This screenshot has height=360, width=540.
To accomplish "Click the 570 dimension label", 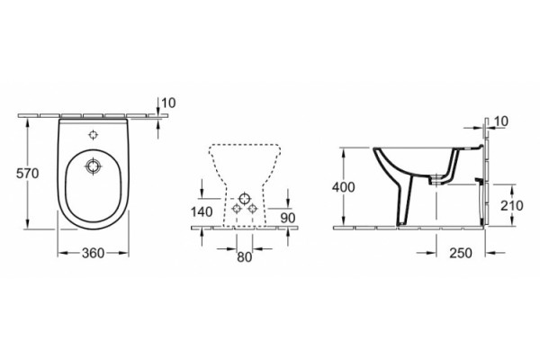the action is pyautogui.click(x=28, y=174).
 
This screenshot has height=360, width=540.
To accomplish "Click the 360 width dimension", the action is pyautogui.click(x=93, y=253).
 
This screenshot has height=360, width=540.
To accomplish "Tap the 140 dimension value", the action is pyautogui.click(x=202, y=211).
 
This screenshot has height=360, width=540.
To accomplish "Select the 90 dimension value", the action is pyautogui.click(x=288, y=218).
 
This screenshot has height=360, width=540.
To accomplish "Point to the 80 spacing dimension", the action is pyautogui.click(x=245, y=256).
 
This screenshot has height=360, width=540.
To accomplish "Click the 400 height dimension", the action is pyautogui.click(x=343, y=187).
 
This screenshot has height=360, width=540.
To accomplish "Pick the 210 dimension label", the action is pyautogui.click(x=512, y=206).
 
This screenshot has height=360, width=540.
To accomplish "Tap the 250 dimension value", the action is pyautogui.click(x=461, y=253).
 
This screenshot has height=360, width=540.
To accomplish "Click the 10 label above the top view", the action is pyautogui.click(x=168, y=103).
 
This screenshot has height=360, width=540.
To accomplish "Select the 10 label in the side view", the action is pyautogui.click(x=501, y=121).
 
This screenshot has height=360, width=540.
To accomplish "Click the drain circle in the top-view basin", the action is pyautogui.click(x=93, y=166).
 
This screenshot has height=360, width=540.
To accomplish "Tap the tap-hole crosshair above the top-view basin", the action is pyautogui.click(x=94, y=135).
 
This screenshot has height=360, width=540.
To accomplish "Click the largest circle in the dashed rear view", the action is pyautogui.click(x=245, y=198).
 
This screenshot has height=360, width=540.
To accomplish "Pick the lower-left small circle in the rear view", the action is pyautogui.click(x=237, y=208).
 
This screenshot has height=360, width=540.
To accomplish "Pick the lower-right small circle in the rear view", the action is pyautogui.click(x=253, y=208).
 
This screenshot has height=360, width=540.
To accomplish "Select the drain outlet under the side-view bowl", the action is pyautogui.click(x=436, y=180).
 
